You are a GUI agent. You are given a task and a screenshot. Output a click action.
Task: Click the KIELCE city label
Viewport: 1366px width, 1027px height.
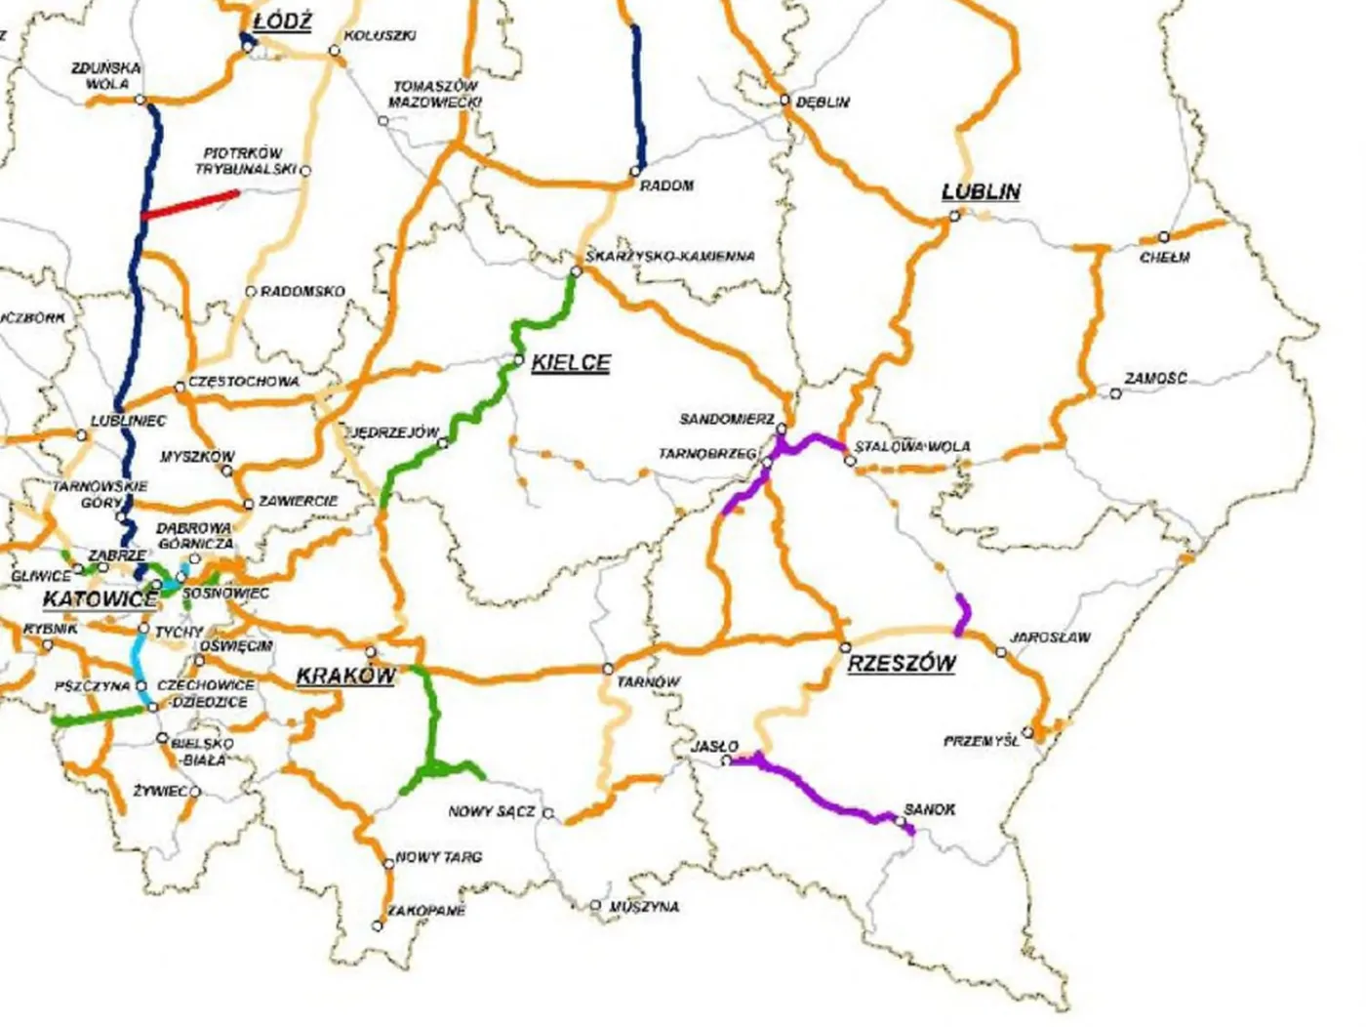[x=571, y=363]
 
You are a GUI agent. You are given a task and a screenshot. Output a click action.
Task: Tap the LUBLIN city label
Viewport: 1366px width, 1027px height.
[x=981, y=191]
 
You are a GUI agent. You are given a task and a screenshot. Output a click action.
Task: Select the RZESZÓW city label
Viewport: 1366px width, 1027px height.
[x=902, y=664]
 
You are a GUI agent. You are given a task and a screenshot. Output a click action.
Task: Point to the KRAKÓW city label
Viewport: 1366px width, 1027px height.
[x=345, y=676]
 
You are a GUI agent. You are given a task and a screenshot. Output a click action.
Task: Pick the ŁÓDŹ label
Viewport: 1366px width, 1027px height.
[x=281, y=22]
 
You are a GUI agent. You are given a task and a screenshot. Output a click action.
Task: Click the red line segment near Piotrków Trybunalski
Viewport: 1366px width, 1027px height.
[x=190, y=204]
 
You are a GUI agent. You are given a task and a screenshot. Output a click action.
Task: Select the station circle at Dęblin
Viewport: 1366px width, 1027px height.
[x=784, y=100]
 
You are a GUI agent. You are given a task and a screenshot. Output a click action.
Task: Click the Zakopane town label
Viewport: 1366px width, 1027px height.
[x=426, y=911]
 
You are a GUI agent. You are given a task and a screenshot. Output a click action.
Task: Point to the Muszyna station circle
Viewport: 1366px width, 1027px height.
[x=595, y=906]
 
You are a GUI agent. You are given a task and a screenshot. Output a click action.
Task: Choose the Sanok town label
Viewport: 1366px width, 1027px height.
[x=929, y=809]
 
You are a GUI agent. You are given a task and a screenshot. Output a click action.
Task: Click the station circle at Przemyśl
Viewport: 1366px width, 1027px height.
[x=1027, y=731]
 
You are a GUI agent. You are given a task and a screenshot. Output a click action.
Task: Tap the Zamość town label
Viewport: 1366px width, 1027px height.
[x=1155, y=378]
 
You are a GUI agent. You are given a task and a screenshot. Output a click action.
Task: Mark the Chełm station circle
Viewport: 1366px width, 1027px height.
[x=1163, y=237]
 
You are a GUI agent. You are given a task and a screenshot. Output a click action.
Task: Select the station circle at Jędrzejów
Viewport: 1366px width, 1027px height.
[x=443, y=443]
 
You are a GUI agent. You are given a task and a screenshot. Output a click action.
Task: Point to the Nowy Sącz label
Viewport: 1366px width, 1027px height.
[x=492, y=811]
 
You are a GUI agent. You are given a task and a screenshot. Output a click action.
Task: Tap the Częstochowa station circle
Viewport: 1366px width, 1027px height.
[x=179, y=388]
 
